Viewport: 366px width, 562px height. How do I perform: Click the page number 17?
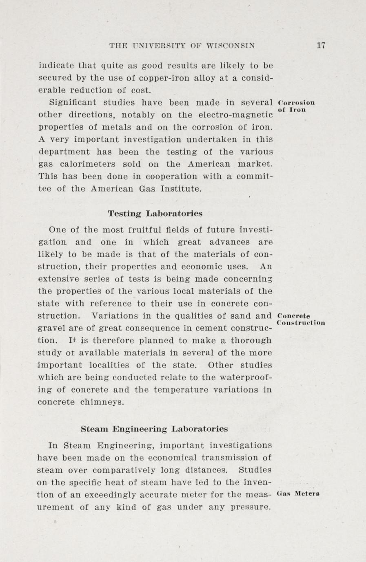click(321, 46)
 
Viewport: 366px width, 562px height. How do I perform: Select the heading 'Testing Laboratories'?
click(155, 213)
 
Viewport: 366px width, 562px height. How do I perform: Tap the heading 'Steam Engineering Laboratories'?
click(154, 429)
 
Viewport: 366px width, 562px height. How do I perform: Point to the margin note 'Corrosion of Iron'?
click(295, 106)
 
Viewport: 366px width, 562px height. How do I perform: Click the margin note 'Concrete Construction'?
click(300, 319)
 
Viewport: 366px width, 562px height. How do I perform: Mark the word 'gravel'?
click(50, 328)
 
